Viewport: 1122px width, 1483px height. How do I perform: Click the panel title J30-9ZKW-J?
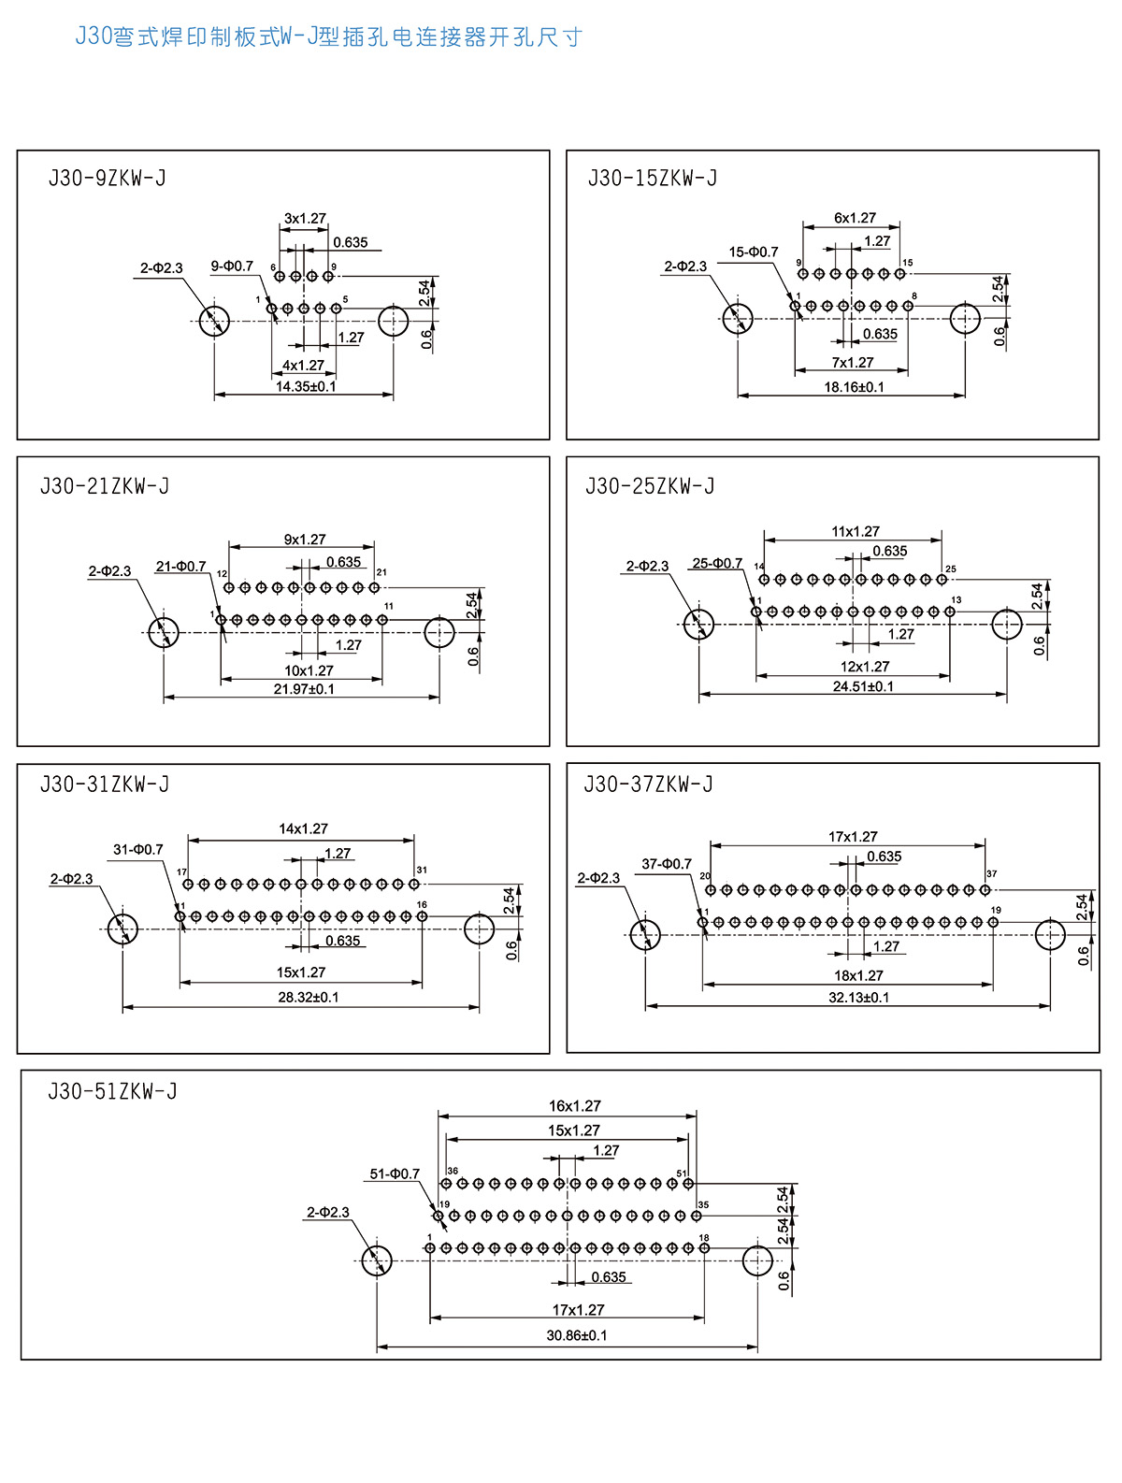107,178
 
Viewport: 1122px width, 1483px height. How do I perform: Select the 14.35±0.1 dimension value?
306,386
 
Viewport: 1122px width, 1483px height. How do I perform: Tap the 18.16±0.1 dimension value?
854,387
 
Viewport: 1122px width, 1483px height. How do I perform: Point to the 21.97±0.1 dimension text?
304,689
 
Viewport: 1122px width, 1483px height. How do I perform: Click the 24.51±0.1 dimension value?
863,686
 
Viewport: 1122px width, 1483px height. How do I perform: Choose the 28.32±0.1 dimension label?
309,997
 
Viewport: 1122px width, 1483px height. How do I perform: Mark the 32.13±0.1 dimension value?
858,997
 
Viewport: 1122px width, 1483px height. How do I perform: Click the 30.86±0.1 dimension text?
577,1335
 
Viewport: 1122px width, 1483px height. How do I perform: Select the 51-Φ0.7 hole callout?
395,1173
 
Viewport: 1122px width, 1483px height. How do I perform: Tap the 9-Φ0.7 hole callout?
232,266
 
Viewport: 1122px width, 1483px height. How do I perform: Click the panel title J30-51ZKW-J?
112,1091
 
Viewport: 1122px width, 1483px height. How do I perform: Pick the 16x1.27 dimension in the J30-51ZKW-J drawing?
574,1106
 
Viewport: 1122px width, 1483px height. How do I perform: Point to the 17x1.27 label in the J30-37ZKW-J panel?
853,837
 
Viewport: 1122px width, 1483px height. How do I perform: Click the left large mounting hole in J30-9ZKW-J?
214,321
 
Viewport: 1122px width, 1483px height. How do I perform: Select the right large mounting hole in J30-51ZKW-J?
757,1260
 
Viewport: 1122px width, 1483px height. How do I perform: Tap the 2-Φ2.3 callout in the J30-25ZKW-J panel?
647,566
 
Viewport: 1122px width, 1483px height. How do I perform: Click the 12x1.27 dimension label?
865,667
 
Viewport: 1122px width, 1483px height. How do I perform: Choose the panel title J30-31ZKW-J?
105,785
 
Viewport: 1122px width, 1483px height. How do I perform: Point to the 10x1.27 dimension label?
309,670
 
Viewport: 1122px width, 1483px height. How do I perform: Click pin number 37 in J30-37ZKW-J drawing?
991,874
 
